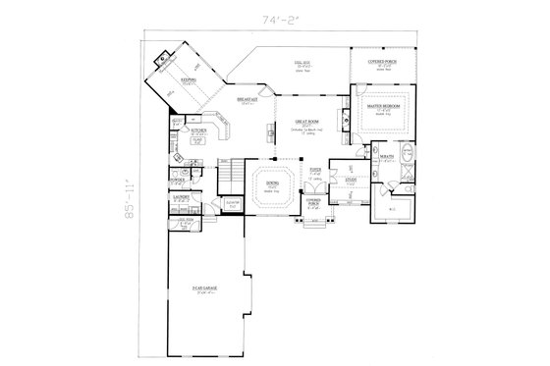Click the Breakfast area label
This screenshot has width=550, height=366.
click(x=247, y=100)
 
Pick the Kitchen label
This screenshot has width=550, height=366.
click(x=197, y=129)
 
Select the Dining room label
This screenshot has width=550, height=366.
click(x=272, y=183)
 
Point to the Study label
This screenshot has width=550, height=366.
click(x=351, y=179)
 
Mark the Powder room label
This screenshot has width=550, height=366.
click(x=177, y=180)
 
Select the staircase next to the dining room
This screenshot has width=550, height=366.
click(x=228, y=178)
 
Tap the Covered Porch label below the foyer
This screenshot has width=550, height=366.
click(x=313, y=202)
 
